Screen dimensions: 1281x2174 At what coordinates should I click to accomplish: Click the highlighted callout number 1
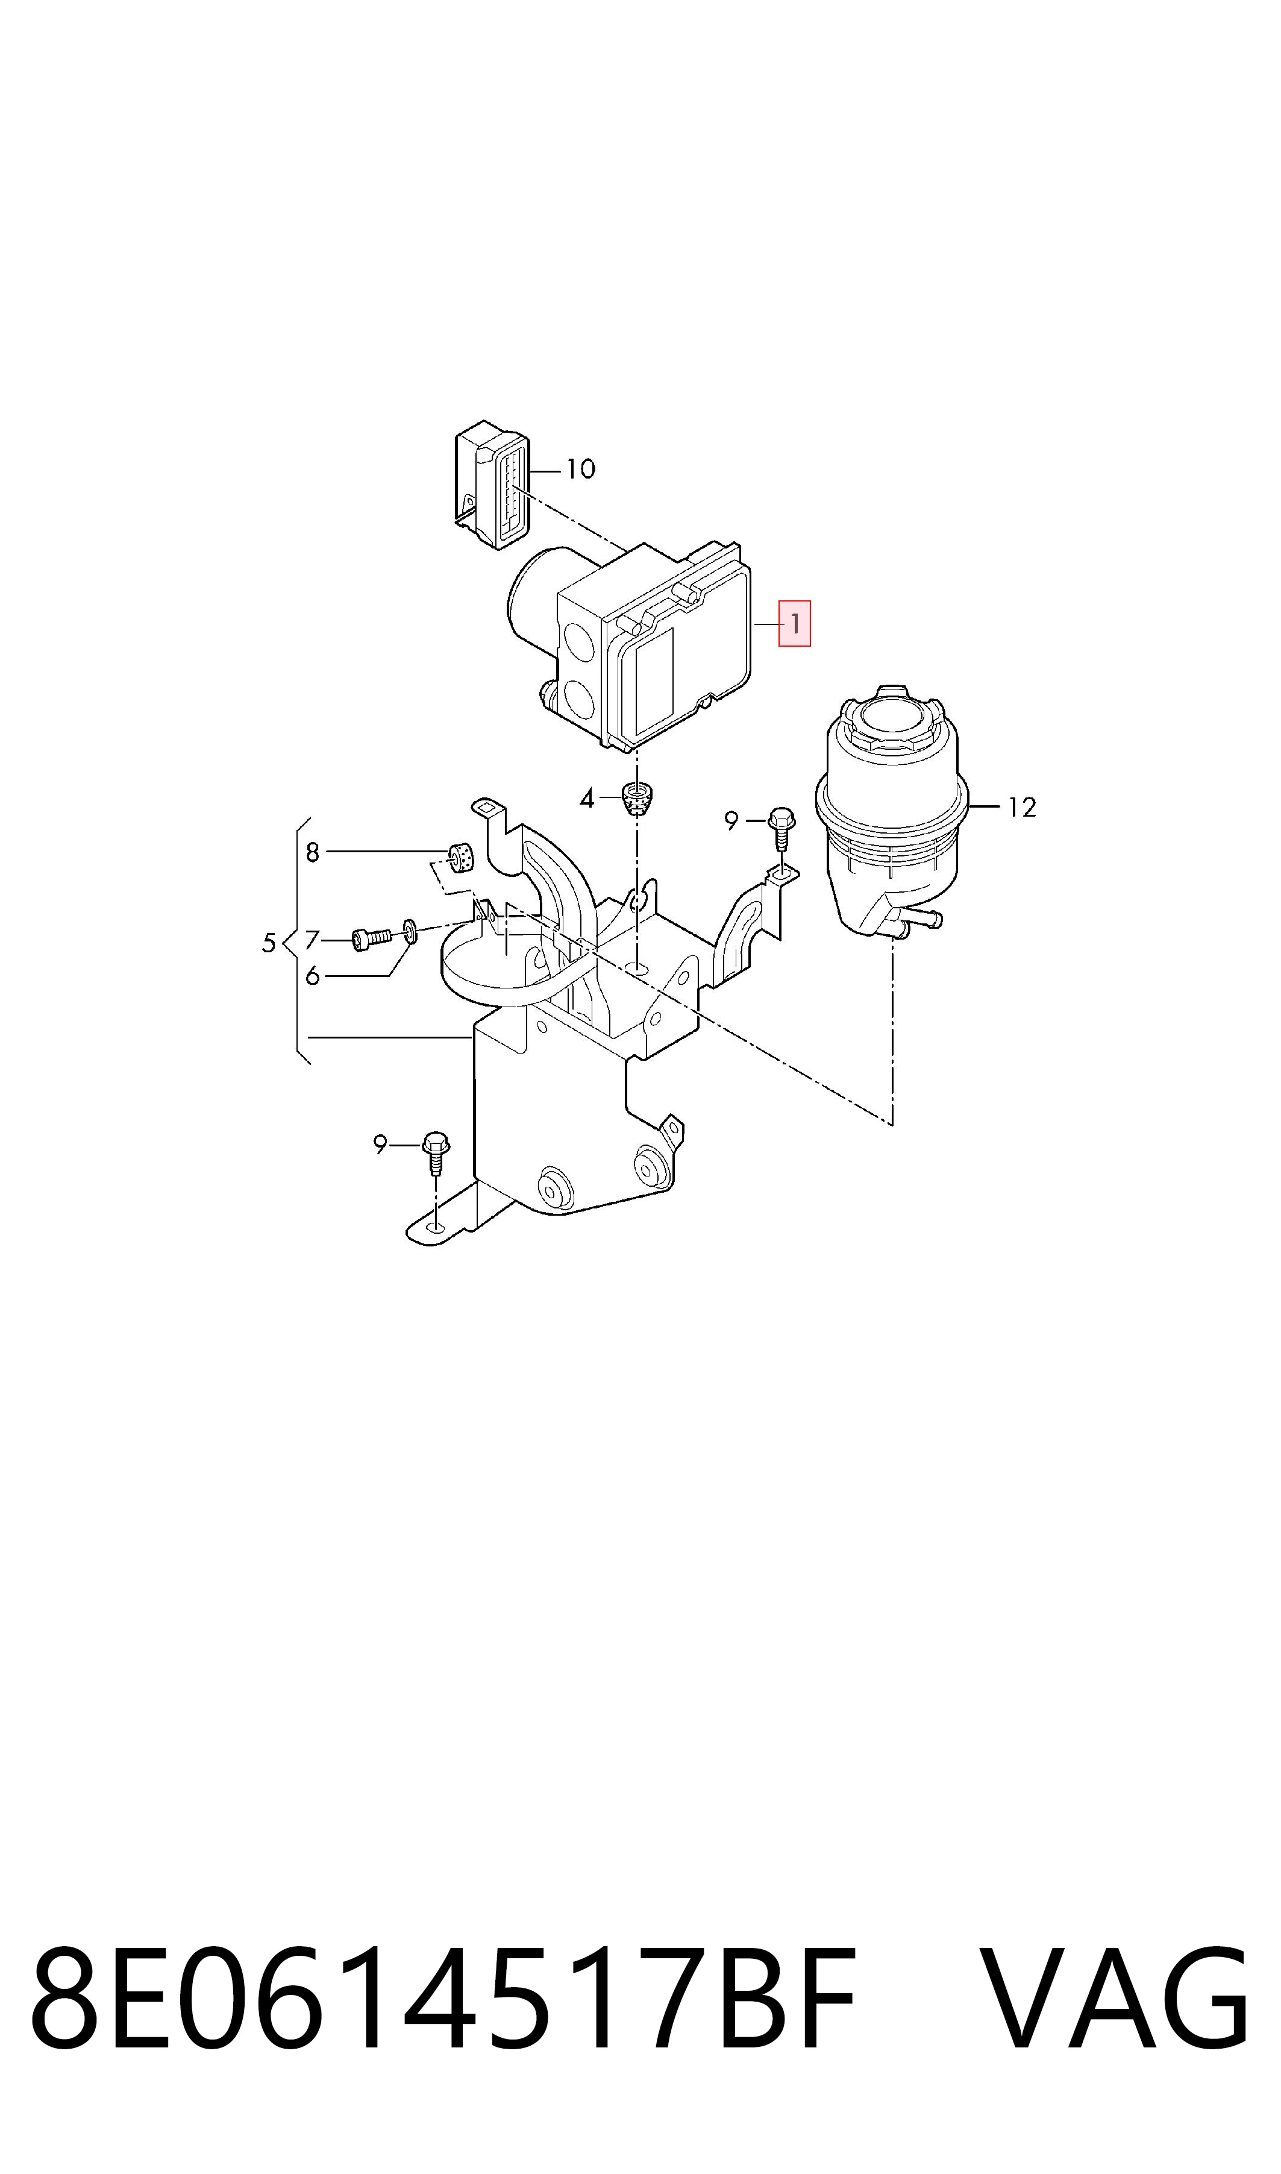(794, 623)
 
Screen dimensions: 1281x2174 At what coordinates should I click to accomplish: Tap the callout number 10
(581, 469)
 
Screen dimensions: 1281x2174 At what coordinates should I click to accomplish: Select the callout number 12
(1022, 806)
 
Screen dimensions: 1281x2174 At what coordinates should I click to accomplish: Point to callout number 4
(587, 799)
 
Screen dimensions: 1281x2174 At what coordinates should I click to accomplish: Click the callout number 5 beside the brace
(269, 943)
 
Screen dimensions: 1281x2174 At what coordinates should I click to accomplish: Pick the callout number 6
(313, 976)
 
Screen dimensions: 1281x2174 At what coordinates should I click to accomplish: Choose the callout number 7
(313, 940)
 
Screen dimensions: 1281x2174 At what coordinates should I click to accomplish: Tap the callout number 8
(313, 852)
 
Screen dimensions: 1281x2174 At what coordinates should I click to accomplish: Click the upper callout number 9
(732, 820)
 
